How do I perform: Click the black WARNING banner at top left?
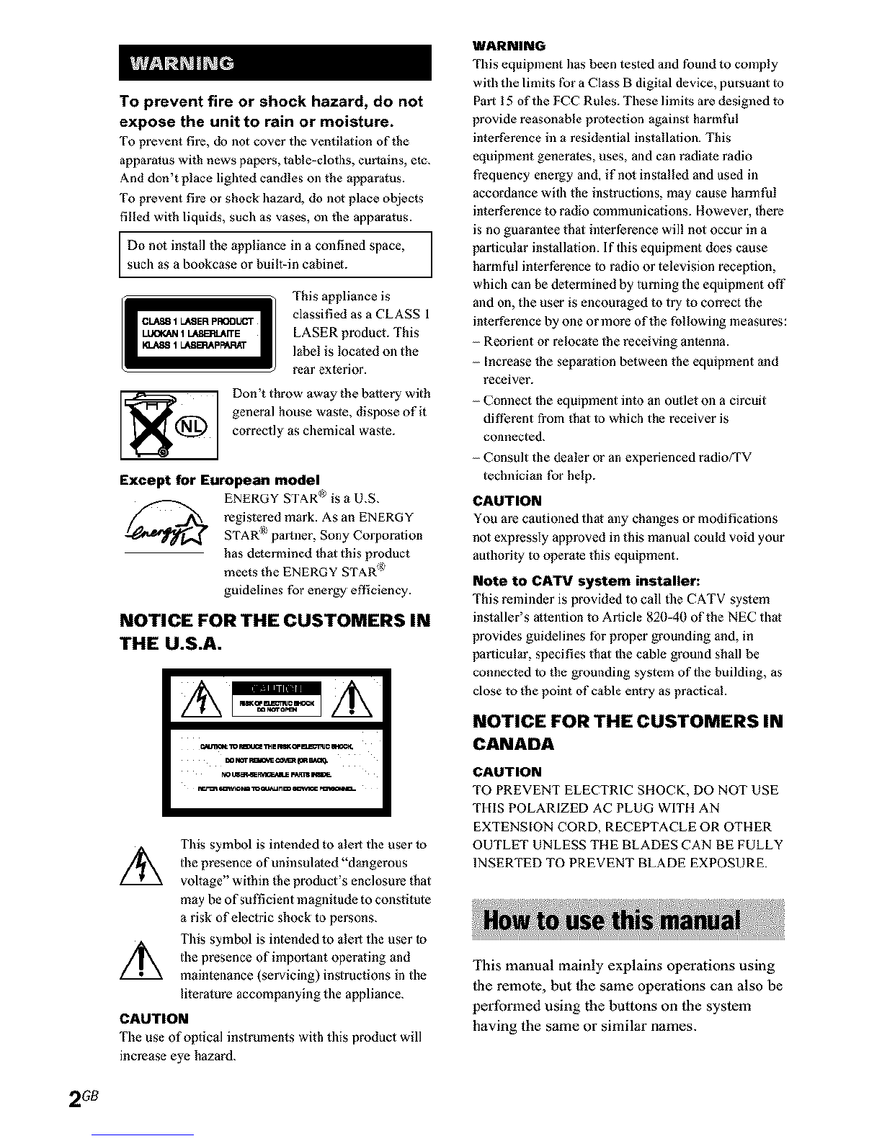point(275,63)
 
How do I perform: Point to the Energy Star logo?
point(166,532)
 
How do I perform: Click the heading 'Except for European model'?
point(220,480)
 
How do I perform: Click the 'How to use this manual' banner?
point(628,921)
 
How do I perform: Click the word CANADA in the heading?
point(513,743)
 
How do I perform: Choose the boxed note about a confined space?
point(275,254)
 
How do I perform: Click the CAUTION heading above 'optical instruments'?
point(153,1019)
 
